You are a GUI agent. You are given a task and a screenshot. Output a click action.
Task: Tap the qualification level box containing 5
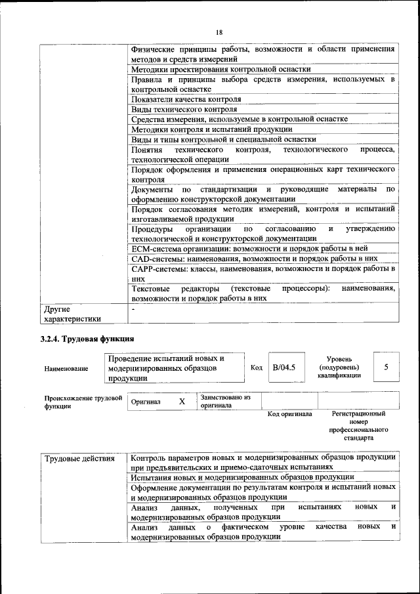[x=386, y=368]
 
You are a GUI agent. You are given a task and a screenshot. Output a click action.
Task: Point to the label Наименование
[x=66, y=369]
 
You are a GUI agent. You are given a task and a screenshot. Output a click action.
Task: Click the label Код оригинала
[x=290, y=414]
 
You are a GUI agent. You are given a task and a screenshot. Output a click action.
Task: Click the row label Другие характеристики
[x=72, y=313]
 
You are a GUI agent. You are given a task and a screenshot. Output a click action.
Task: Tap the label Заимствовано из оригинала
[x=226, y=401]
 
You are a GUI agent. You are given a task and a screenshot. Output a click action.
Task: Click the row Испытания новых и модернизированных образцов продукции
[x=243, y=477]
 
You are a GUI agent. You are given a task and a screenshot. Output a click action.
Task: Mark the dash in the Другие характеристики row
[x=133, y=308]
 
